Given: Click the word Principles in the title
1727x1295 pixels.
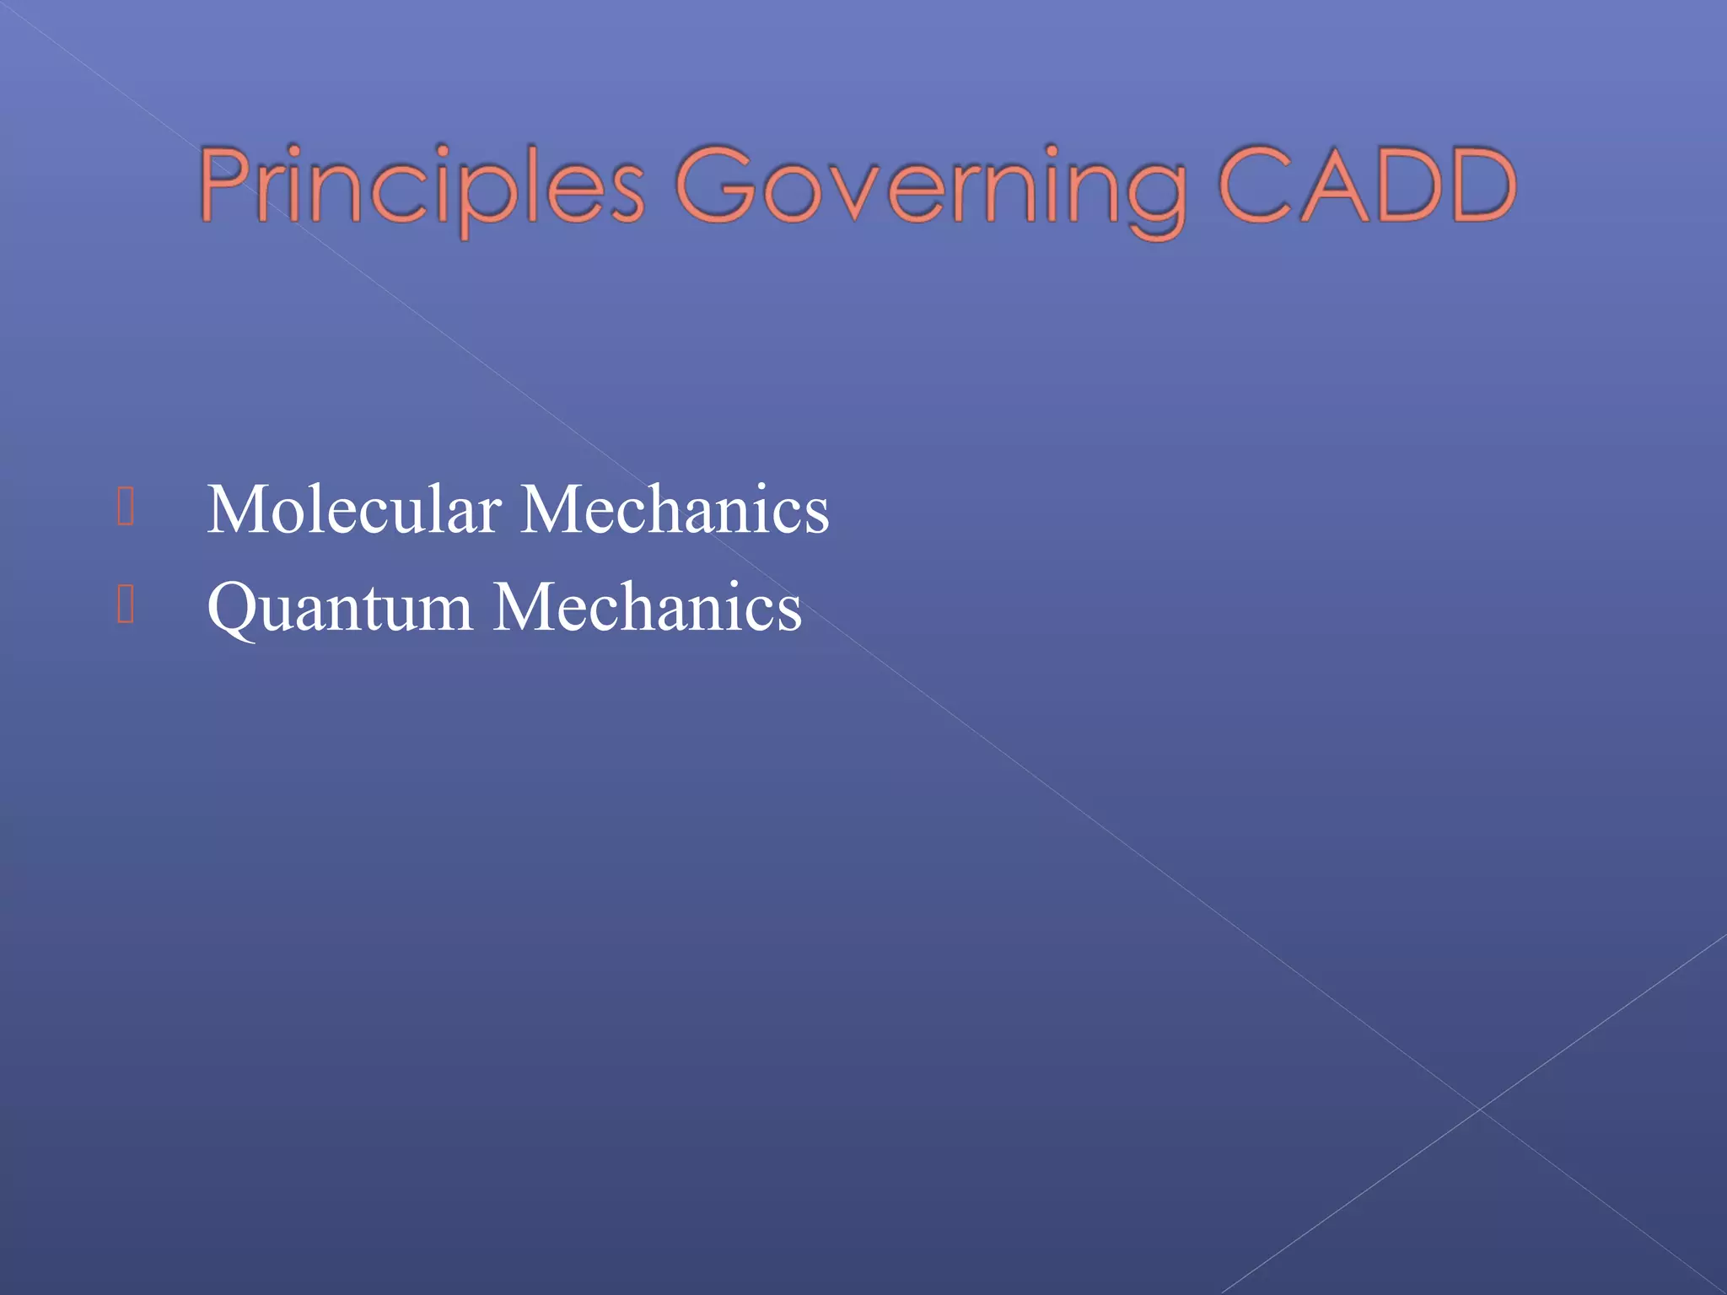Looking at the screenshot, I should click(422, 187).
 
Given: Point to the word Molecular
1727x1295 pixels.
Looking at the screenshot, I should click(353, 509).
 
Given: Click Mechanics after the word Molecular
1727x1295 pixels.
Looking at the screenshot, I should click(675, 509).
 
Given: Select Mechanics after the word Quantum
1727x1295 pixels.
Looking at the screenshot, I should click(648, 607).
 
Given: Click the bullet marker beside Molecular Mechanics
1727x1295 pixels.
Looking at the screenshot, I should click(126, 508).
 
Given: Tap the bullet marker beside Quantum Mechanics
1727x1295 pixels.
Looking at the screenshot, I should click(126, 605).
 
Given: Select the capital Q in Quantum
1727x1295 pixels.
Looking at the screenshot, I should click(232, 607).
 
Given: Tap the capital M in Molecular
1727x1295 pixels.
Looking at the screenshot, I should click(239, 509).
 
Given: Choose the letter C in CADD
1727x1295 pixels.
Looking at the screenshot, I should click(1256, 185).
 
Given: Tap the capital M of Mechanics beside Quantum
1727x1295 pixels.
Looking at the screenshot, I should click(528, 607).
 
